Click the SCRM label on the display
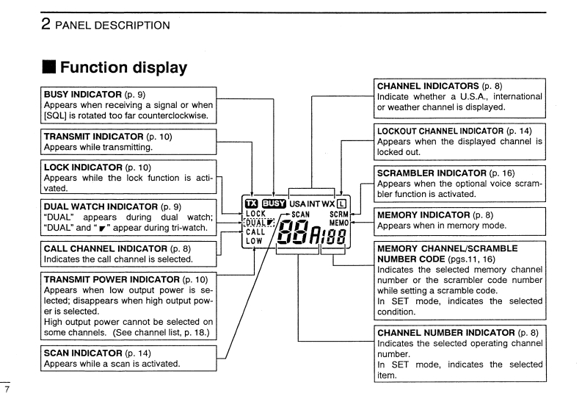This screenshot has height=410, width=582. [338, 215]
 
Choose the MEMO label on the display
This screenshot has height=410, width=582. [338, 223]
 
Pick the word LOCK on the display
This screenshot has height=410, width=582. [255, 214]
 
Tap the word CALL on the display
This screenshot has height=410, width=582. [255, 232]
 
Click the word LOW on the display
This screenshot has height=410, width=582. [254, 241]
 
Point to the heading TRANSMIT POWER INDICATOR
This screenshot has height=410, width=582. [104, 280]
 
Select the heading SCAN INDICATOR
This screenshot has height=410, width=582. [81, 353]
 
